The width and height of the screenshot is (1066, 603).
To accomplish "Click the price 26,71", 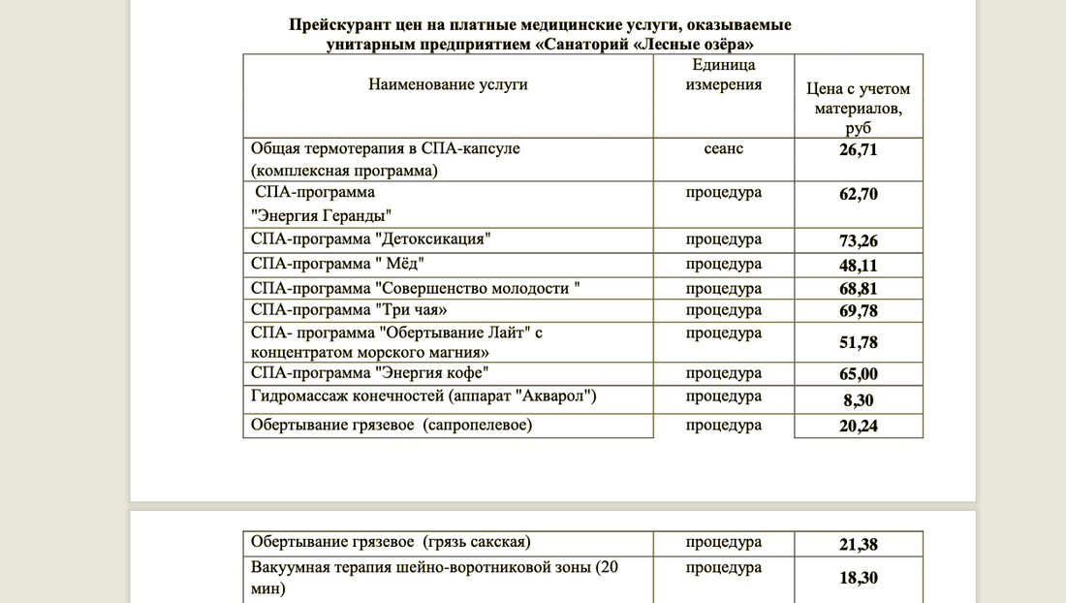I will [x=858, y=150].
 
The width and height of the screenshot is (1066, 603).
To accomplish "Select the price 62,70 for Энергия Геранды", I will [x=858, y=195].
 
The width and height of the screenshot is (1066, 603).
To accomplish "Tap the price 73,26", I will [x=858, y=241].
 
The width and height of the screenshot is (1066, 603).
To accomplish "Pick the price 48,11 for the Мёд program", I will [x=858, y=266].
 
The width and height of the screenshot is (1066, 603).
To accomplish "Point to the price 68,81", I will [x=858, y=290].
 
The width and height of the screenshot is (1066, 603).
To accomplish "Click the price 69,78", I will [x=858, y=310].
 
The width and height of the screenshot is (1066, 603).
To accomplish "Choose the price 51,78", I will [x=858, y=342].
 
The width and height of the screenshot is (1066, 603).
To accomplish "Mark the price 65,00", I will [x=858, y=374].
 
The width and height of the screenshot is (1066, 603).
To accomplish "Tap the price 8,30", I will [x=858, y=398].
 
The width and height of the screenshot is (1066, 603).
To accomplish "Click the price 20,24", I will [x=858, y=425].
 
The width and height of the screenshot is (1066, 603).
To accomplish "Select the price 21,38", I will [x=858, y=545].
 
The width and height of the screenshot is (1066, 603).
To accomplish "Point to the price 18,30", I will [x=858, y=578].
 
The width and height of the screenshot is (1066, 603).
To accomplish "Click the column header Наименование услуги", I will [x=448, y=84].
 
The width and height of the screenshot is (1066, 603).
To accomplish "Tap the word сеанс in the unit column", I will [x=724, y=148].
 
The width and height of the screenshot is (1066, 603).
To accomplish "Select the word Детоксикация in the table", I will [x=431, y=239].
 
